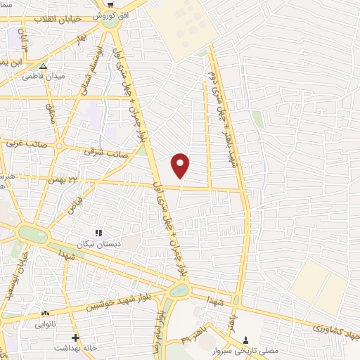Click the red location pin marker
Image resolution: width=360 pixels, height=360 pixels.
pyautogui.click(x=181, y=165)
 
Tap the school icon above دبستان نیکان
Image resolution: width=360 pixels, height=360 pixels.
pyautogui.click(x=98, y=233)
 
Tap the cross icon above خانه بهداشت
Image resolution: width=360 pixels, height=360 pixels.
pyautogui.click(x=75, y=338)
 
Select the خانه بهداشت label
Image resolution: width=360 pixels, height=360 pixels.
pyautogui.click(x=76, y=349)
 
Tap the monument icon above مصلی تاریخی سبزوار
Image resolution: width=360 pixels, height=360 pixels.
pyautogui.click(x=244, y=338)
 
